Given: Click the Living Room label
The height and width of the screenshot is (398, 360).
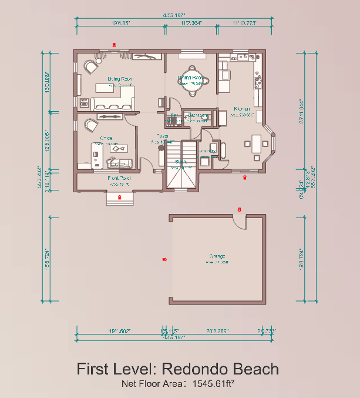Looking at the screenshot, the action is [120, 78].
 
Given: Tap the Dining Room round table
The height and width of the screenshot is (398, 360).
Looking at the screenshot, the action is [192, 87].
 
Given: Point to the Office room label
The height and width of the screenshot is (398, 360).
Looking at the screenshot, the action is [106, 138].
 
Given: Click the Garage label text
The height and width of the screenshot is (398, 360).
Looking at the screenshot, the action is [217, 256].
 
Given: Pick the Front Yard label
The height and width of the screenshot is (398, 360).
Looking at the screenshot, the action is [119, 178].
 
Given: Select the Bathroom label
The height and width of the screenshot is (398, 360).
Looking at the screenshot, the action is [195, 116].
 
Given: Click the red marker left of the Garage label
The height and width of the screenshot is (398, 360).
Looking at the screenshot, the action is [164, 259].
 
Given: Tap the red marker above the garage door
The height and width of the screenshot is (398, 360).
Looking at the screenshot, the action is [239, 209].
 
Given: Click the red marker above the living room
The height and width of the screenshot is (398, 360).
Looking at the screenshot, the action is [115, 44].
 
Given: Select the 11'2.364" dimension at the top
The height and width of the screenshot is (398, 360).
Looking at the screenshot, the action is [191, 23].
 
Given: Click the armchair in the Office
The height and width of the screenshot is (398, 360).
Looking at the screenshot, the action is [91, 125].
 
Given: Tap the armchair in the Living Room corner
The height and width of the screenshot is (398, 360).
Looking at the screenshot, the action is [90, 67].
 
